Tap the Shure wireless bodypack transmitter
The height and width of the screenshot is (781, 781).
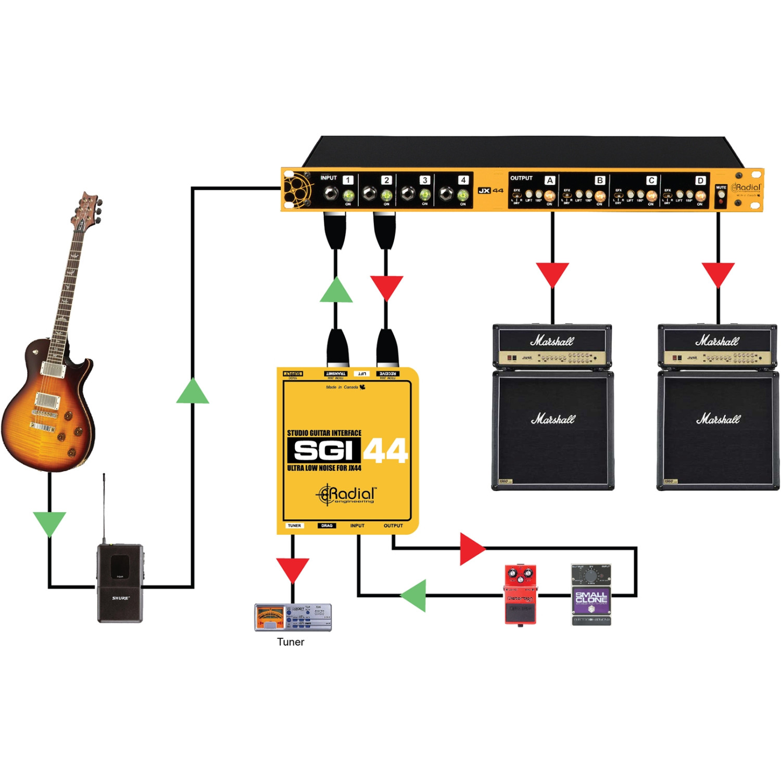click(120, 583)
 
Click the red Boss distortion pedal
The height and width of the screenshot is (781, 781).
click(520, 594)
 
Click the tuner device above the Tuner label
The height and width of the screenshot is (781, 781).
click(293, 617)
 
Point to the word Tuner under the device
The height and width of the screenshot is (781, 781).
click(291, 642)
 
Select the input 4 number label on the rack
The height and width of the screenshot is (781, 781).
click(463, 180)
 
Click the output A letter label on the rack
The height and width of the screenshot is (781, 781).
click(550, 181)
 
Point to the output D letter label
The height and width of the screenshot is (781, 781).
click(701, 181)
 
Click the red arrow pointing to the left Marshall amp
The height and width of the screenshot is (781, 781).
click(552, 274)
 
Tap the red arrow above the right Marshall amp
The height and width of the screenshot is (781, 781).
click(718, 274)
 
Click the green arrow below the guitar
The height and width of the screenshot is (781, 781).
click(49, 523)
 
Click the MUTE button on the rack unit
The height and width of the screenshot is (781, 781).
click(721, 196)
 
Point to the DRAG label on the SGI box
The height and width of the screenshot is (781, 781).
click(326, 526)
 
